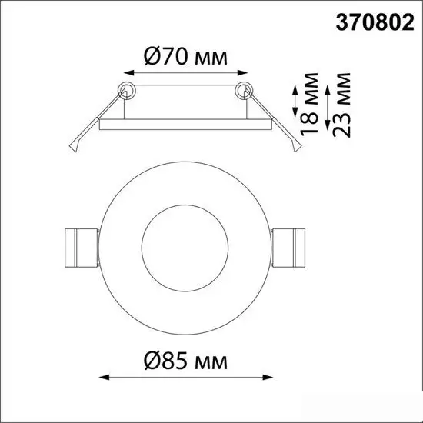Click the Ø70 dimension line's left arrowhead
pyautogui.click(x=126, y=74)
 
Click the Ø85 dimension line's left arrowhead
pyautogui.click(x=105, y=378)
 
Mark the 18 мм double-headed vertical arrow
pyautogui.click(x=295, y=102)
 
